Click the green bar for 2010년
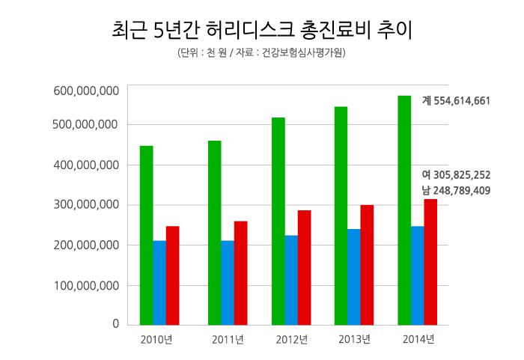(x=146, y=235)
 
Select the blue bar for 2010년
(x=159, y=282)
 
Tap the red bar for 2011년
(x=240, y=272)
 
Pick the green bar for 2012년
(x=278, y=221)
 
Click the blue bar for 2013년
(x=353, y=276)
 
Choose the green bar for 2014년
(x=404, y=210)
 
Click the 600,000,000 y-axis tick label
(x=87, y=91)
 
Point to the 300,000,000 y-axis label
(x=87, y=205)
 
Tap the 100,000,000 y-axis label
(x=87, y=285)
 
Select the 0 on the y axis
(x=116, y=324)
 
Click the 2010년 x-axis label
(x=156, y=341)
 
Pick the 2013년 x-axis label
(x=354, y=341)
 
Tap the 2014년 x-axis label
(x=418, y=341)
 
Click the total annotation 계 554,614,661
(x=456, y=100)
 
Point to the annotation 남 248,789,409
(x=456, y=190)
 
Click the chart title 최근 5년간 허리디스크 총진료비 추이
(x=261, y=31)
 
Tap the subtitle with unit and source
(x=261, y=54)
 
